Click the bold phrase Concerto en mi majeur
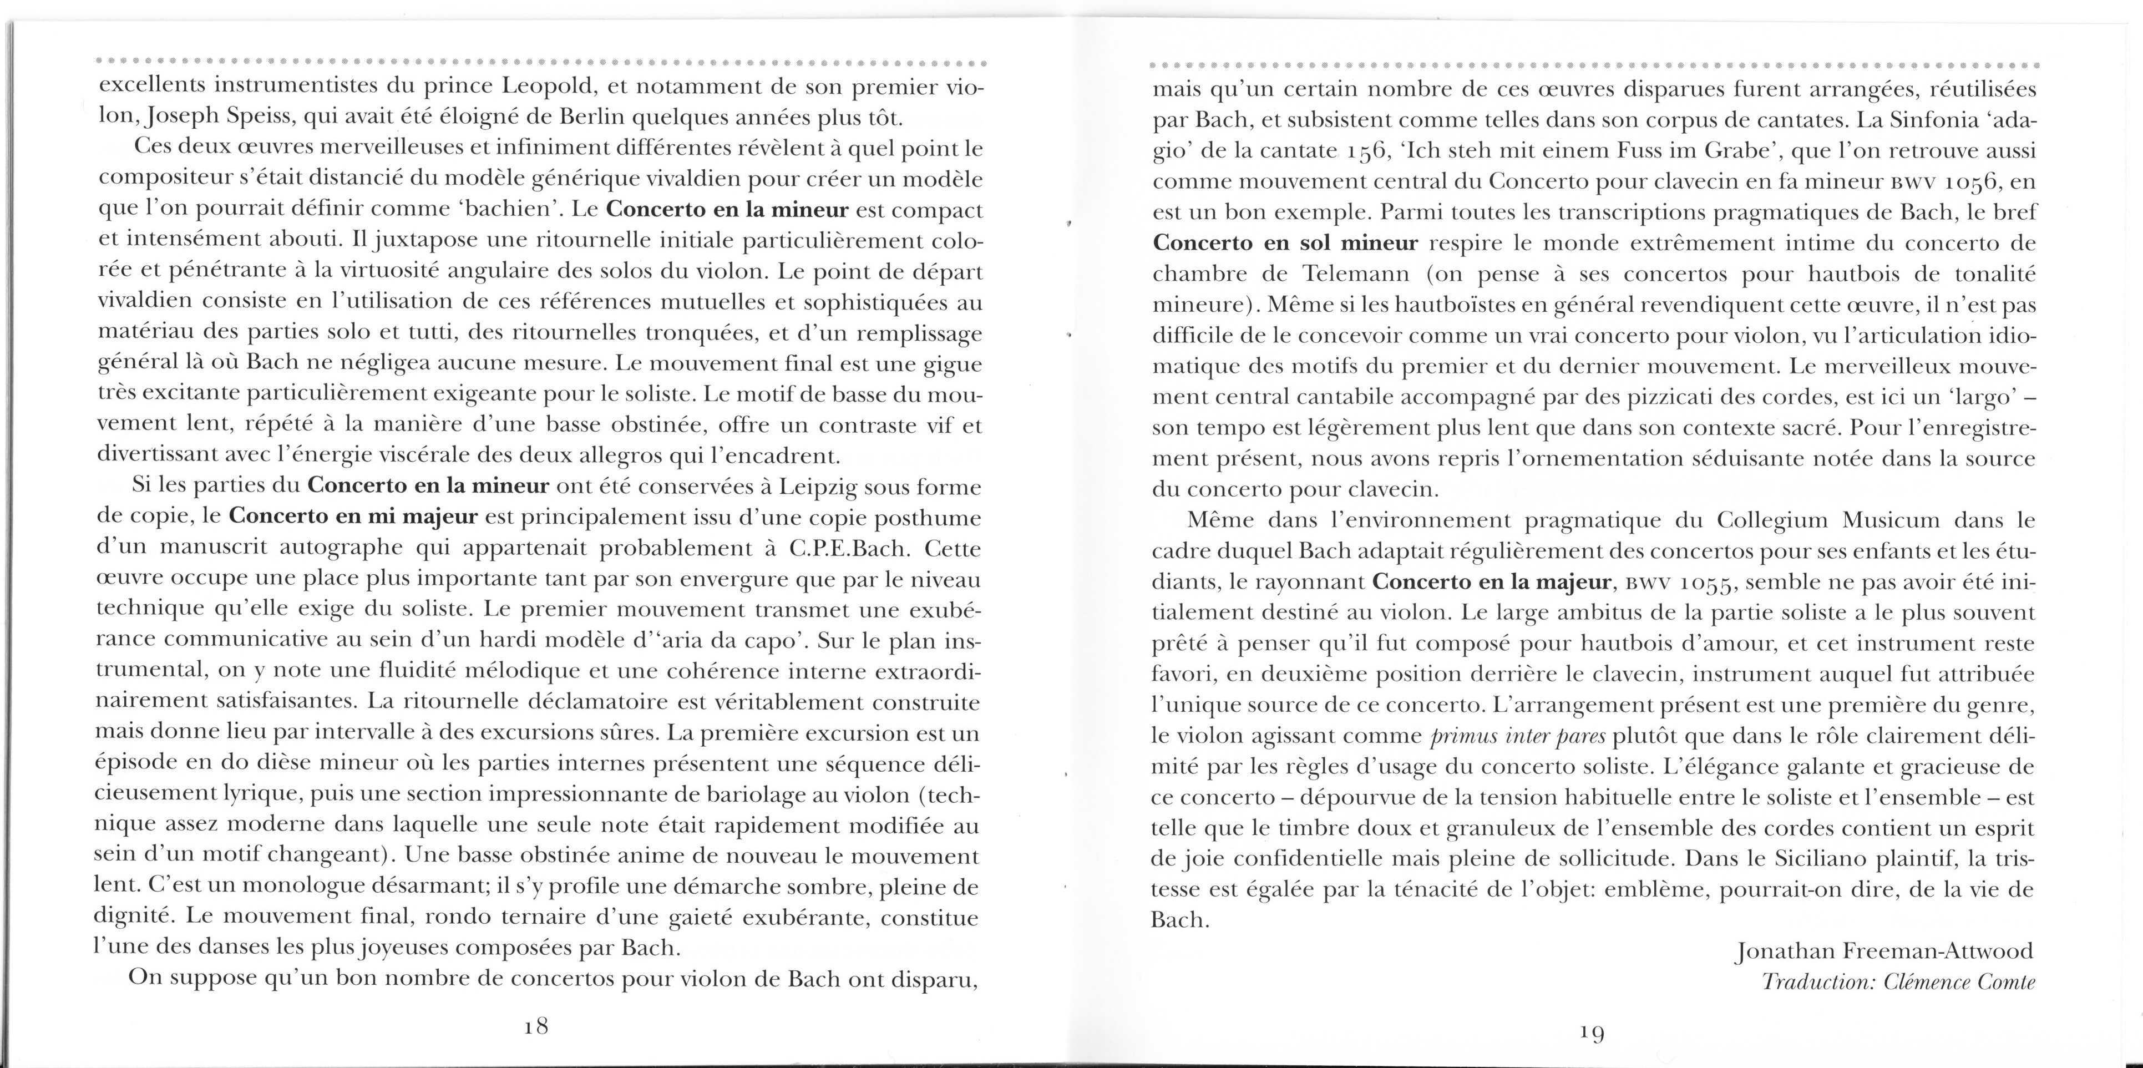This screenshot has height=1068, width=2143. coord(353,518)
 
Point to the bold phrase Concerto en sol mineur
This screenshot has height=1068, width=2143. coord(1285,244)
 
